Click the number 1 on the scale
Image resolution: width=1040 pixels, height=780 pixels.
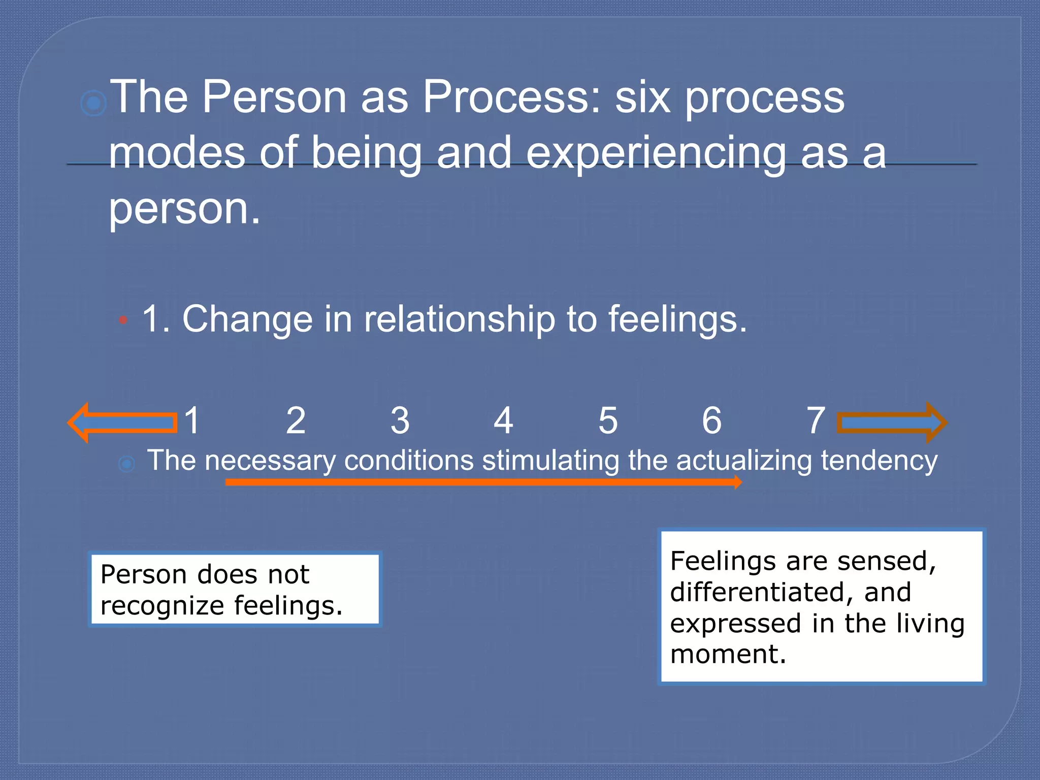click(192, 420)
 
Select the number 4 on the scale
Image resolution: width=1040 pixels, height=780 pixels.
click(503, 420)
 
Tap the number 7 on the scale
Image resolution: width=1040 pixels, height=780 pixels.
click(816, 420)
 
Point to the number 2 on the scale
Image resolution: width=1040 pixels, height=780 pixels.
click(296, 420)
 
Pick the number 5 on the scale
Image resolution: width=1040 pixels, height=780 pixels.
click(608, 420)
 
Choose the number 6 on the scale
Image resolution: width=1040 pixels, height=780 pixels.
click(711, 420)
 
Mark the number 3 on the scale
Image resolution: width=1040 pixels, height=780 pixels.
click(400, 420)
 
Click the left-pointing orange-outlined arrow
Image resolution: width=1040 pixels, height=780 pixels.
click(122, 422)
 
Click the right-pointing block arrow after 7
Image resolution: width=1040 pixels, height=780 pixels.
click(891, 422)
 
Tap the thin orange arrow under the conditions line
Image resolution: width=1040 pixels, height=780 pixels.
click(482, 482)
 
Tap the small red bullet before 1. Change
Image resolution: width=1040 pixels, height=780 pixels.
click(123, 320)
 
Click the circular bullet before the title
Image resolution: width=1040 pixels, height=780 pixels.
click(93, 104)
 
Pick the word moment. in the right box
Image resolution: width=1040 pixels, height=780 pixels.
click(728, 654)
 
